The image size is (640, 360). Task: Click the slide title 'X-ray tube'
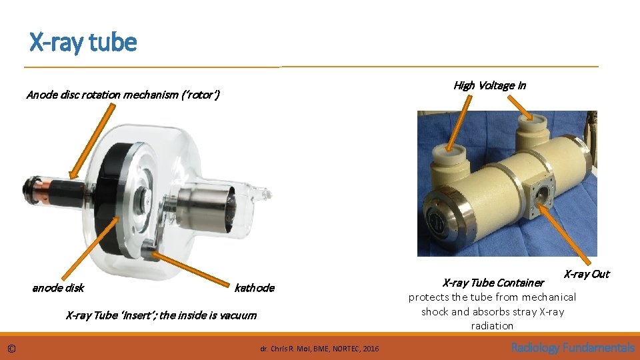pyautogui.click(x=83, y=43)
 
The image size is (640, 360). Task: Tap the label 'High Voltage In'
pyautogui.click(x=489, y=85)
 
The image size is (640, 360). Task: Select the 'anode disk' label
pyautogui.click(x=58, y=288)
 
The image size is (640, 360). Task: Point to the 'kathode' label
pyautogui.click(x=254, y=288)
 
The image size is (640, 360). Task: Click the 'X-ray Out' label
pyautogui.click(x=586, y=274)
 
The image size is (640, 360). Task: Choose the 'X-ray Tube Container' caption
pyautogui.click(x=493, y=283)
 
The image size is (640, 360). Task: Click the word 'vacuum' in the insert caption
pyautogui.click(x=237, y=315)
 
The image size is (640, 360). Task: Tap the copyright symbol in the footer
pyautogui.click(x=11, y=348)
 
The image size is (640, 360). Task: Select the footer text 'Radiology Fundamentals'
pyautogui.click(x=573, y=347)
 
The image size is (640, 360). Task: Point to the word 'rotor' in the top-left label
pyautogui.click(x=199, y=95)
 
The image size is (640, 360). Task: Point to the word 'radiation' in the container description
pyautogui.click(x=492, y=326)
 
